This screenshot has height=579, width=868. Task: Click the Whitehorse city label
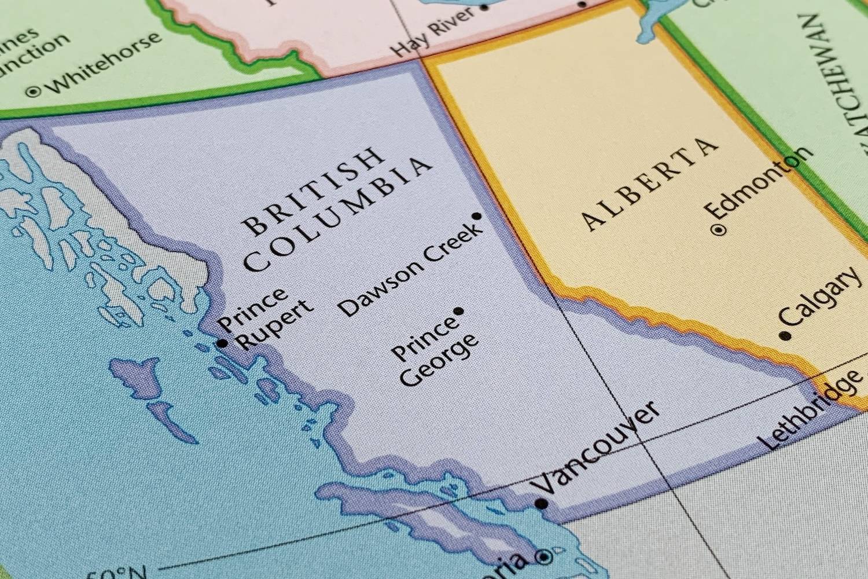point(104,63)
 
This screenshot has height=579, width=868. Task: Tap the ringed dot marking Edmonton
point(719,230)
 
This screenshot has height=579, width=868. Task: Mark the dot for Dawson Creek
point(477,216)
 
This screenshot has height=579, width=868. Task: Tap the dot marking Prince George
point(459,312)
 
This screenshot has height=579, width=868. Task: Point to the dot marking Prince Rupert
point(222,343)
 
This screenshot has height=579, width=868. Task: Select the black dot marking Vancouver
point(542,504)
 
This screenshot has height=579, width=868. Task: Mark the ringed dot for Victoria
point(544,557)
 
